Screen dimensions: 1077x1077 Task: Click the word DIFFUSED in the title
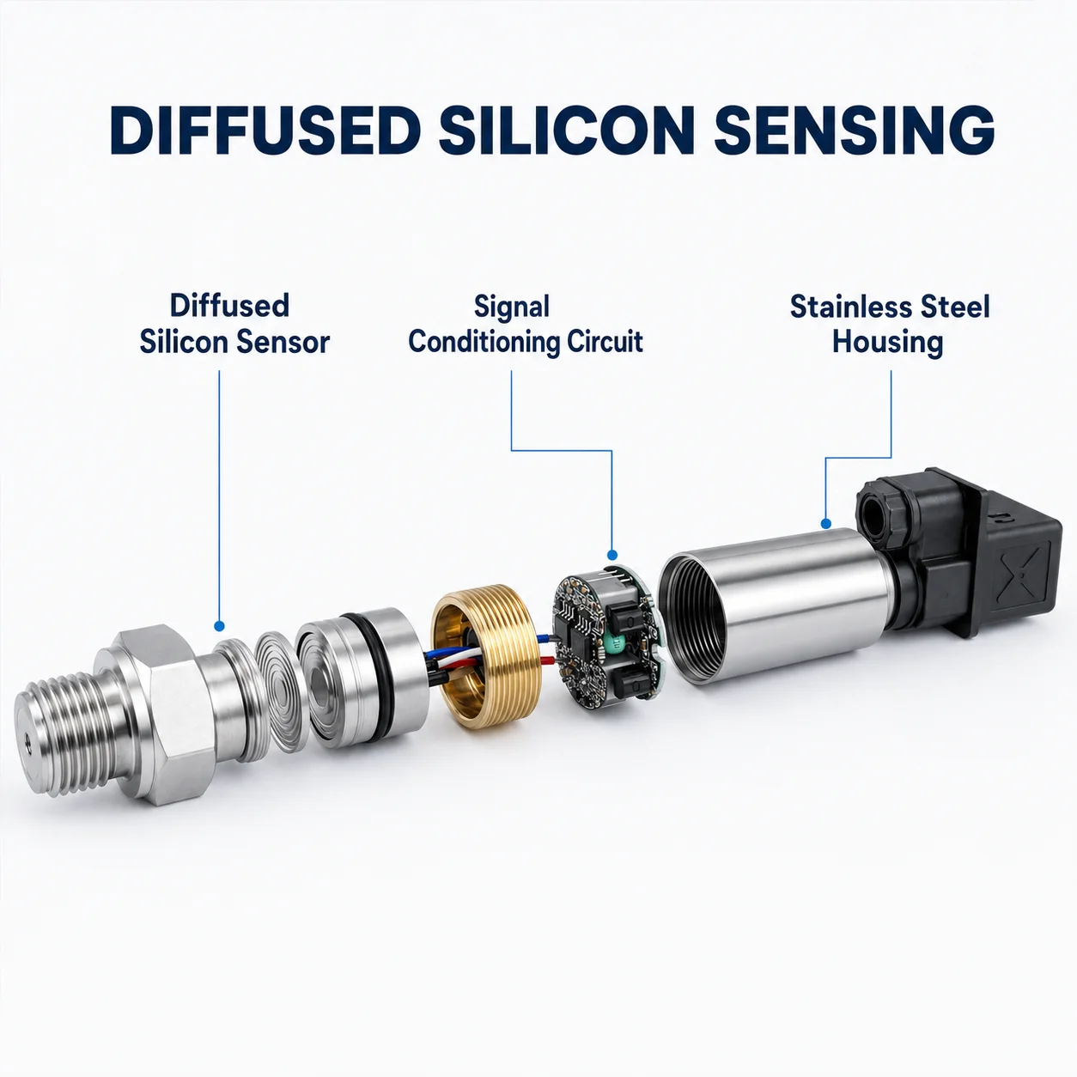(265, 130)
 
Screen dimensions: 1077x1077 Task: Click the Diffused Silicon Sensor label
(234, 324)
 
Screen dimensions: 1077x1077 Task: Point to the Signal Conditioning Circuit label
(526, 324)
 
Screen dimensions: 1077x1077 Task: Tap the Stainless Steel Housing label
(889, 324)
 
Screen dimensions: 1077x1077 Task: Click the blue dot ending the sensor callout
(219, 626)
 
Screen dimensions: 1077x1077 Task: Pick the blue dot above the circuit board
(612, 555)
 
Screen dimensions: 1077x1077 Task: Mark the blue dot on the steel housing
(825, 524)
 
